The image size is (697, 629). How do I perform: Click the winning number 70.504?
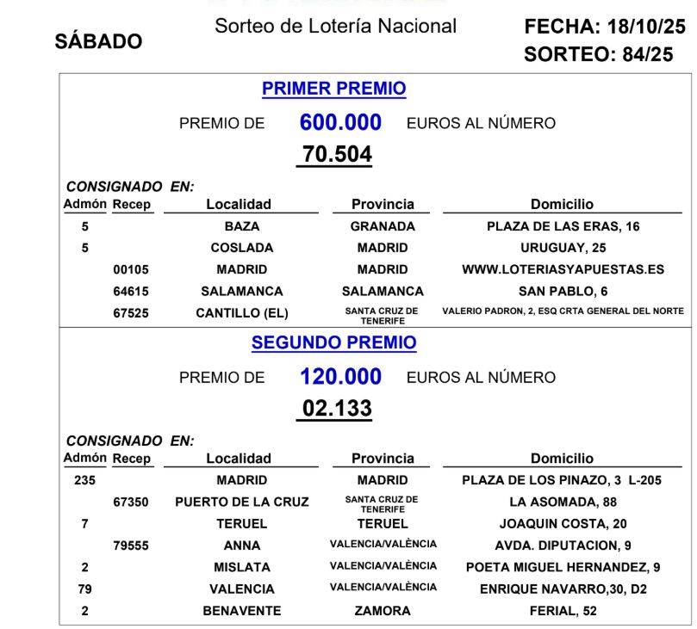pyautogui.click(x=337, y=155)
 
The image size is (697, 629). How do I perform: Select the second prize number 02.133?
pyautogui.click(x=337, y=408)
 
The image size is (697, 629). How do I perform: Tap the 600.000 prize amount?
pyautogui.click(x=340, y=123)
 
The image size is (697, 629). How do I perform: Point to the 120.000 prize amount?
pyautogui.click(x=340, y=377)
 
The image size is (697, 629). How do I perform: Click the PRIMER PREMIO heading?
pyautogui.click(x=333, y=89)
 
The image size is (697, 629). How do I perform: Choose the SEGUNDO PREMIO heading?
pyautogui.click(x=333, y=342)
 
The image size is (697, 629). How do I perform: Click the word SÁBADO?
pyautogui.click(x=98, y=42)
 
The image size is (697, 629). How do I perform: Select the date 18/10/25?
pyautogui.click(x=645, y=28)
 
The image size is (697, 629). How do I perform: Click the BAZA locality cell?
pyautogui.click(x=241, y=226)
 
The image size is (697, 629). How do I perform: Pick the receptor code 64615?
pyautogui.click(x=131, y=291)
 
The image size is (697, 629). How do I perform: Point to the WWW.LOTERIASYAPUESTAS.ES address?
pyautogui.click(x=563, y=269)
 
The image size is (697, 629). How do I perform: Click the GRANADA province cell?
pyautogui.click(x=383, y=226)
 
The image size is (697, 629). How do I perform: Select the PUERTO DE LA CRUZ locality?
pyautogui.click(x=241, y=502)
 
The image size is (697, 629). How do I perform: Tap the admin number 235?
pyautogui.click(x=84, y=480)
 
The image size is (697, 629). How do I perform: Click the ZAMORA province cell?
pyautogui.click(x=383, y=611)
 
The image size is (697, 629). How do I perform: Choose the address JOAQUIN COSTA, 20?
pyautogui.click(x=563, y=523)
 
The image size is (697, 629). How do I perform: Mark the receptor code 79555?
pyautogui.click(x=131, y=546)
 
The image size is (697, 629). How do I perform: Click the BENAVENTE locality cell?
pyautogui.click(x=241, y=611)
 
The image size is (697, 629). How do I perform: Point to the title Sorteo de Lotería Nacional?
pyautogui.click(x=335, y=26)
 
